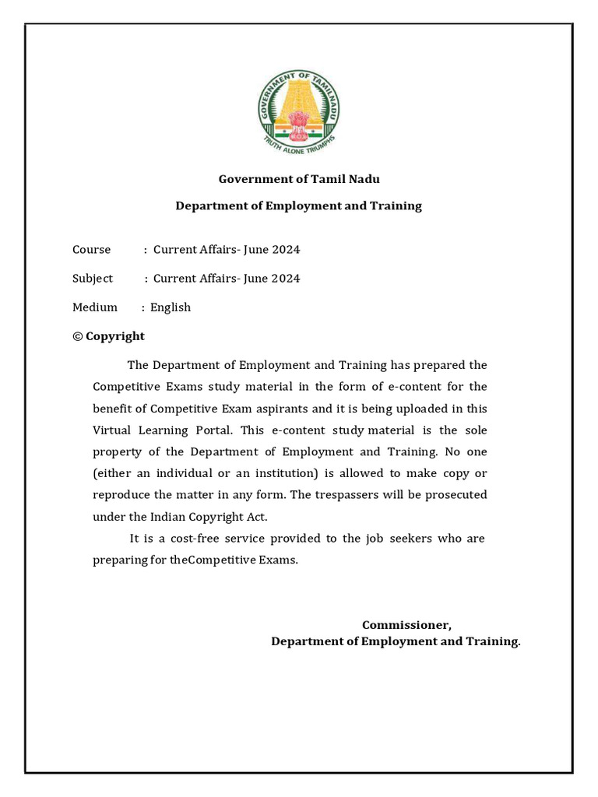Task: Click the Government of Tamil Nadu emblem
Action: (x=299, y=112)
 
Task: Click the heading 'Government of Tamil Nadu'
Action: (x=299, y=179)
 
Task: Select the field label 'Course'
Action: (x=92, y=250)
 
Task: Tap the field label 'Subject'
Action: (x=93, y=279)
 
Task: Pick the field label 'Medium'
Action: (x=95, y=307)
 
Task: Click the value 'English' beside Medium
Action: (x=171, y=307)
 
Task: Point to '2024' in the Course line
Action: (x=286, y=250)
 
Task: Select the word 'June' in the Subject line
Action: (x=256, y=279)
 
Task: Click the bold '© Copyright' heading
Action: (x=108, y=336)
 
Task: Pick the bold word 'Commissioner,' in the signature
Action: (x=406, y=626)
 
